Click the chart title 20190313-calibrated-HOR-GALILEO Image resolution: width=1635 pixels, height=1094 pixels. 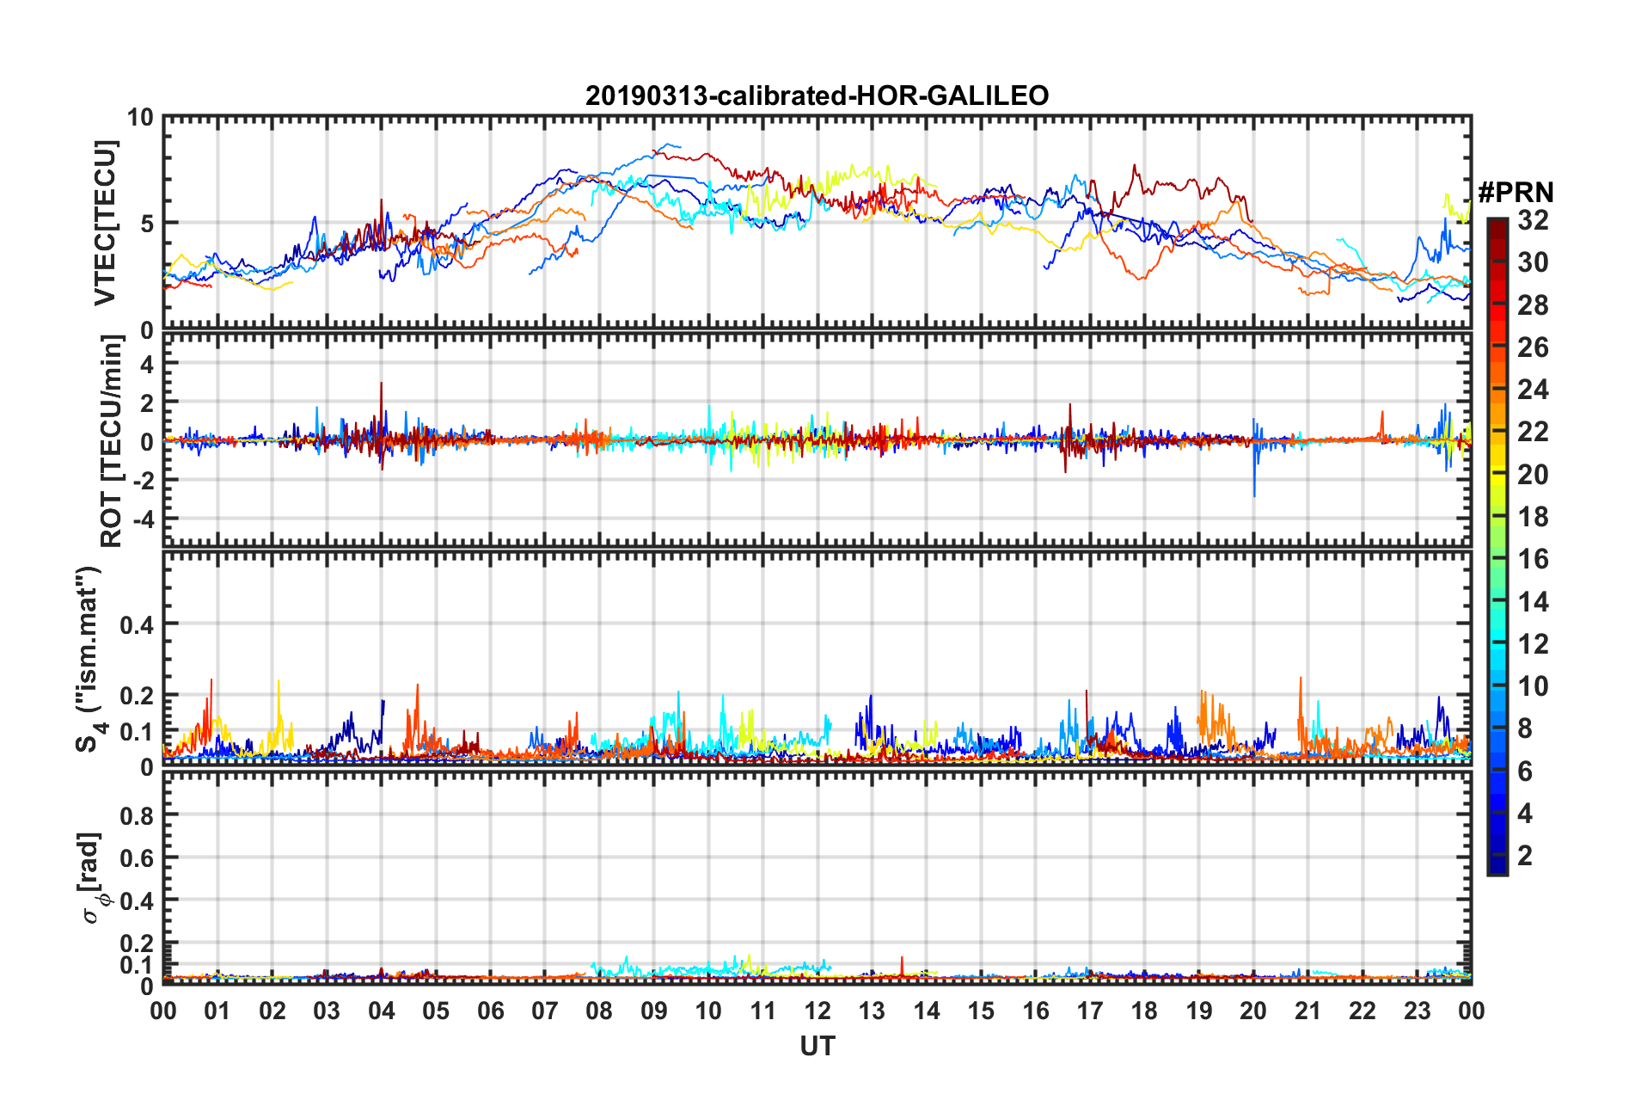817,95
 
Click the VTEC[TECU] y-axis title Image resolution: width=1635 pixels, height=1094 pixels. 105,223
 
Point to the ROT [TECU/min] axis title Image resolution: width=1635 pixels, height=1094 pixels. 111,441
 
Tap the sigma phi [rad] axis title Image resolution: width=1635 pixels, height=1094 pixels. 92,877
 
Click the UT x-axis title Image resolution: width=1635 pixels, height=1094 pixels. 817,1047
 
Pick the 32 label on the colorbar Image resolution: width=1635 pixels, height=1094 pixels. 1533,220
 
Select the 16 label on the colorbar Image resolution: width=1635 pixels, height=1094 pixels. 1533,559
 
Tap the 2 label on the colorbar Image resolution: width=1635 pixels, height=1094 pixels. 1525,855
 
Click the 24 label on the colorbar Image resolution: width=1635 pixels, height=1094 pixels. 1533,390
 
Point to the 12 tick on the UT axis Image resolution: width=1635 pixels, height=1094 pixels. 817,1011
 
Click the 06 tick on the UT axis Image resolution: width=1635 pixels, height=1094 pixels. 490,1011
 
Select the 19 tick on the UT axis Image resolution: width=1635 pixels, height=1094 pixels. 1199,1011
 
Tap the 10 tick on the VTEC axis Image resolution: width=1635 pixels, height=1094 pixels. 140,117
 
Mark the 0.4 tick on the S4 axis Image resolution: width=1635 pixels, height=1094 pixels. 137,624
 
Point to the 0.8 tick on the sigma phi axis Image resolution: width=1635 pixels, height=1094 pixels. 137,815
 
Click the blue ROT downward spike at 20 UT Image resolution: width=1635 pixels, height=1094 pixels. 1254,495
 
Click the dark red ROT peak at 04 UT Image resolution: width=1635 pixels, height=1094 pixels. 382,384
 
